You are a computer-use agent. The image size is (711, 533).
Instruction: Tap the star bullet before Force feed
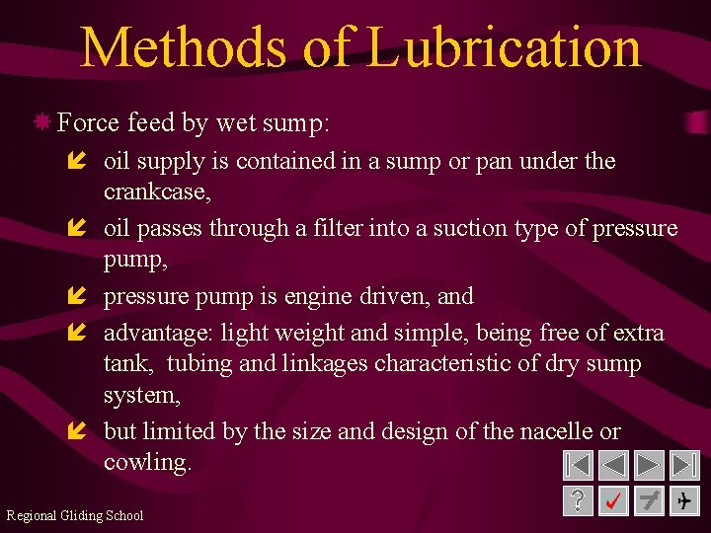point(42,122)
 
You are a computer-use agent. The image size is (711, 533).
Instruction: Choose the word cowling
point(146,462)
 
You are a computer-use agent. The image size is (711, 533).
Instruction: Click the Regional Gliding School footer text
point(74,515)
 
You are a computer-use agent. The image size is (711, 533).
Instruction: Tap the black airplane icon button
point(683,501)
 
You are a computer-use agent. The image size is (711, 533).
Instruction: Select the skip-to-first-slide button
point(579,465)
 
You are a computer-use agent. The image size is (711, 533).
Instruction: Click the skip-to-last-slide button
point(683,465)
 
